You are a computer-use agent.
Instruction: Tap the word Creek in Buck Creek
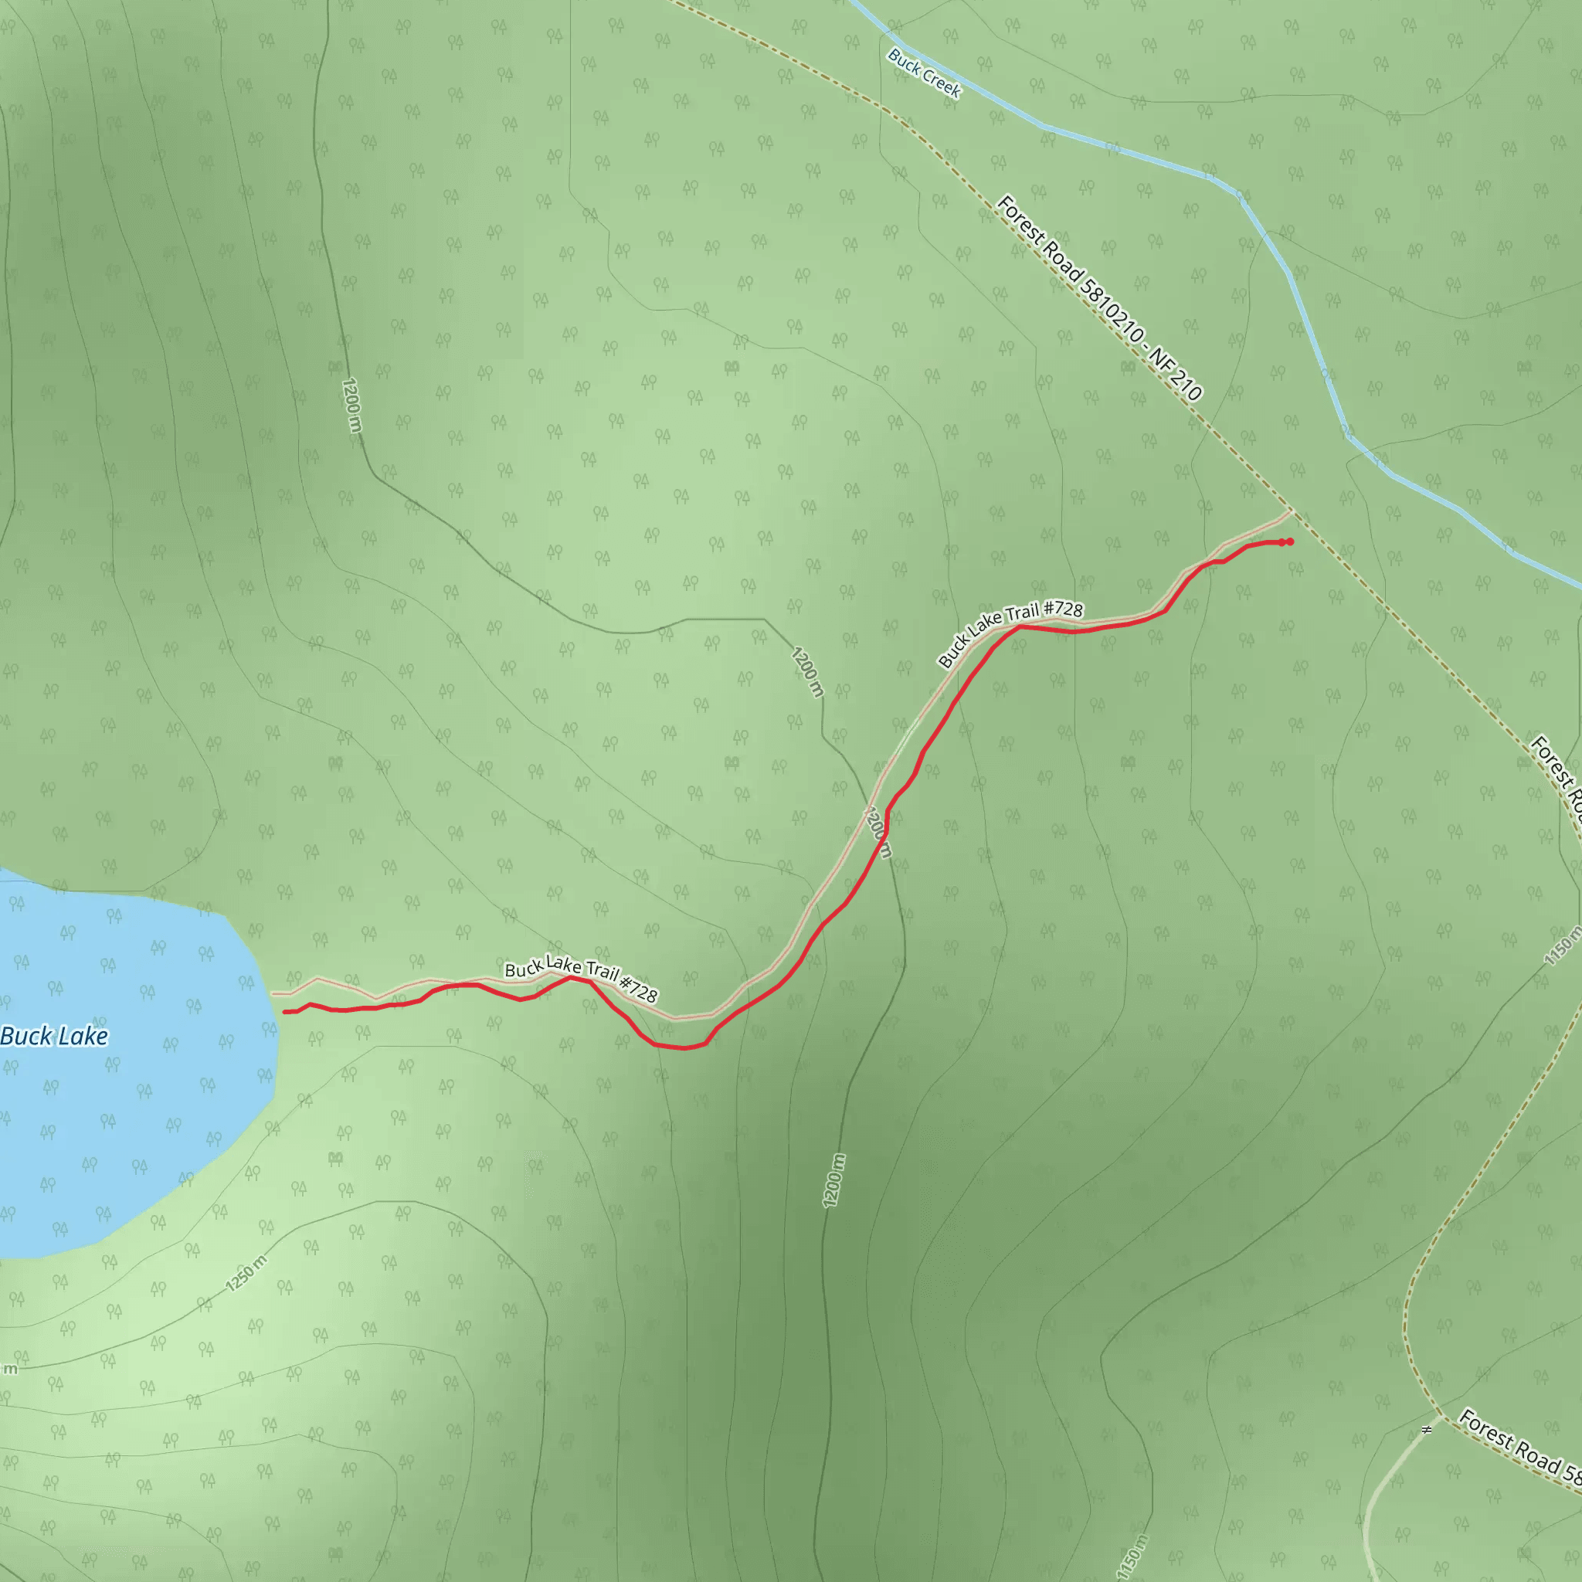coord(941,83)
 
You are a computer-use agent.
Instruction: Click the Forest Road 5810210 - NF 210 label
coord(1098,298)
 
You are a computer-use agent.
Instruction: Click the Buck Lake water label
coord(54,1037)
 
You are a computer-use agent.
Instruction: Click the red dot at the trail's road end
coord(1290,541)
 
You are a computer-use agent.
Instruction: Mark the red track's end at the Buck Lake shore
coord(286,1012)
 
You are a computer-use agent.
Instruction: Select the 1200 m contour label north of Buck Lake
coord(351,405)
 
